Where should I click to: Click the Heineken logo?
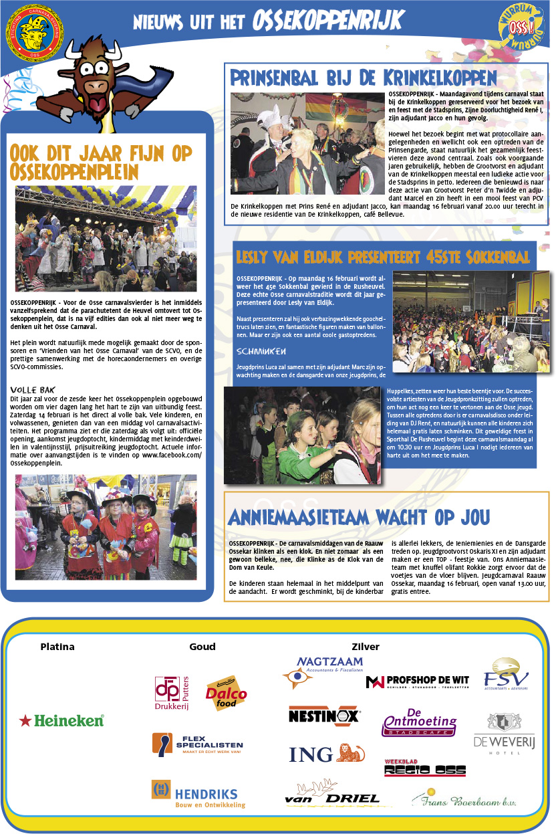click(x=61, y=720)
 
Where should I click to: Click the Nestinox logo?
click(x=324, y=715)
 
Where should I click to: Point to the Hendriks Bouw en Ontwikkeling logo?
click(x=198, y=795)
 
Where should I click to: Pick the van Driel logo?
click(x=331, y=793)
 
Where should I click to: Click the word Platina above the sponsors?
click(x=57, y=647)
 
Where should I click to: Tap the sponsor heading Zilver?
click(x=365, y=647)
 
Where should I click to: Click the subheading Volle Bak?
click(x=32, y=390)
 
